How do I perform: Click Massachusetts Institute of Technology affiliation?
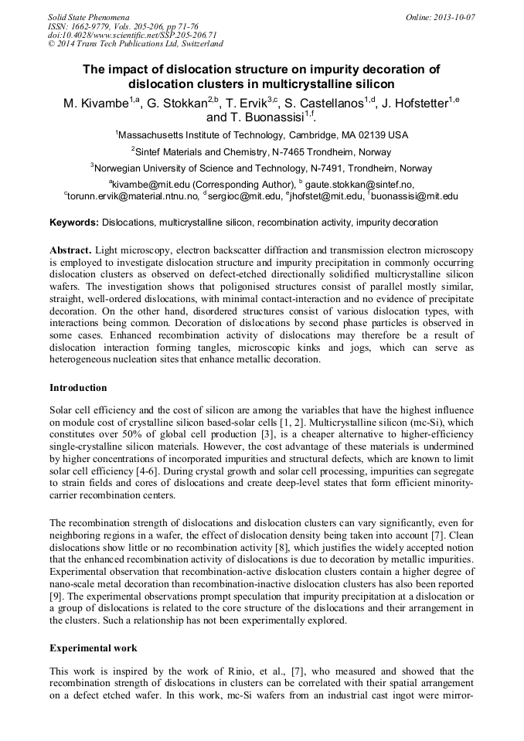click(x=262, y=134)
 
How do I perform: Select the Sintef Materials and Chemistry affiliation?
click(x=262, y=151)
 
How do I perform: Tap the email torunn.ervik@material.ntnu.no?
click(x=132, y=196)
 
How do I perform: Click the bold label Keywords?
click(x=74, y=223)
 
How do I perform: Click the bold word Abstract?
click(x=70, y=251)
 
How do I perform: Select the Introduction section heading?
click(x=78, y=388)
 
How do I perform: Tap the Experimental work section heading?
click(x=91, y=646)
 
